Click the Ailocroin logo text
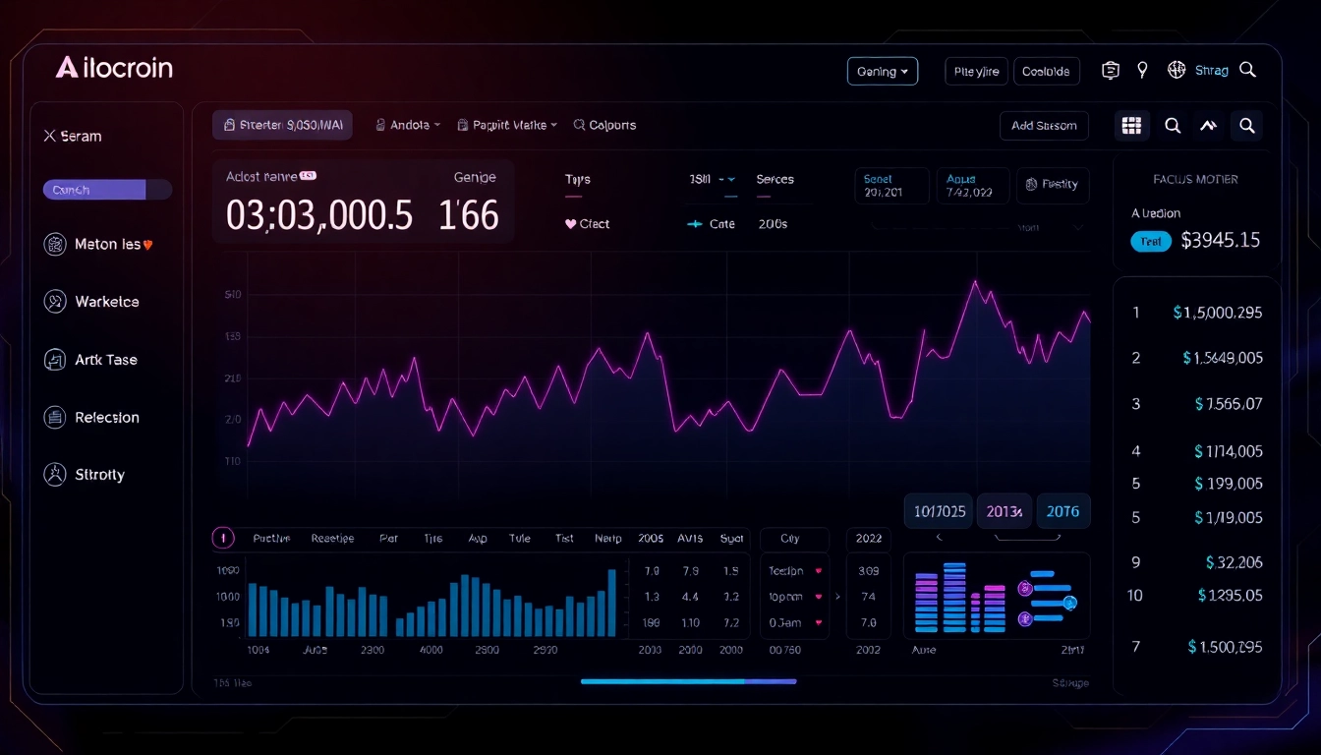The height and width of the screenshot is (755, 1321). point(115,68)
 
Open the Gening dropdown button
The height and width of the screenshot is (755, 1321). point(882,72)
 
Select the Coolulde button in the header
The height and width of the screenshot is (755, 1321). point(1046,72)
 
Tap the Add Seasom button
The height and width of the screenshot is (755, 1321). point(1044,126)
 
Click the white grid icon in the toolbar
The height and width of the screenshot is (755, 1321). point(1131,126)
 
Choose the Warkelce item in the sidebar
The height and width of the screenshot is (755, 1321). point(106,302)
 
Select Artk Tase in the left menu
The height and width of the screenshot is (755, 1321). point(105,360)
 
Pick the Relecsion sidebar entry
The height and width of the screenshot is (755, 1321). point(106,418)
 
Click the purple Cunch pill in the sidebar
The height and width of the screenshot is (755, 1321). point(94,190)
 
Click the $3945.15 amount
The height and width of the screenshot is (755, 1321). point(1220,240)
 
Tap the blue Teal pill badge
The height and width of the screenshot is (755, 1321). point(1151,241)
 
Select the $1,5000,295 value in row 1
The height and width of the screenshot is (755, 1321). point(1217,313)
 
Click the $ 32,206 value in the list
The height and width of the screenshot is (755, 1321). point(1234,563)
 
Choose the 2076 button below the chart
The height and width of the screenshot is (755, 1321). point(1063,511)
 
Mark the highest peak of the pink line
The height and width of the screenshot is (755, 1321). point(975,282)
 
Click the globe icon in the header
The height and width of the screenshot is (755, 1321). point(1176,70)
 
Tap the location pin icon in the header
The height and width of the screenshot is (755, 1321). point(1142,70)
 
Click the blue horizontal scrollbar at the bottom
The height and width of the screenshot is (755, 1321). point(688,681)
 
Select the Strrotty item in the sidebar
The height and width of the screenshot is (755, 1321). point(99,475)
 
